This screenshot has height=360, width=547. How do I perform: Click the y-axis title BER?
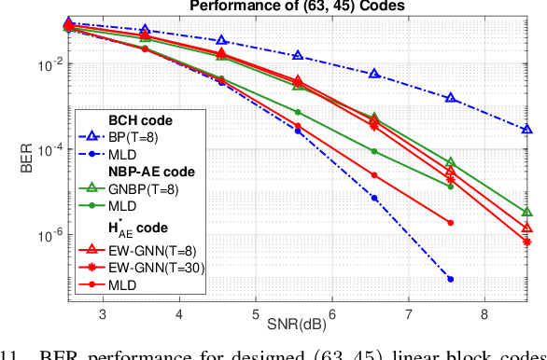click(29, 150)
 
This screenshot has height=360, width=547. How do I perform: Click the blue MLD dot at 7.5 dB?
click(451, 279)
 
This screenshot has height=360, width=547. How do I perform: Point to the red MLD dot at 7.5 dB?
click(451, 223)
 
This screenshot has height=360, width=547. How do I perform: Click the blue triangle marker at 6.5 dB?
click(374, 74)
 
